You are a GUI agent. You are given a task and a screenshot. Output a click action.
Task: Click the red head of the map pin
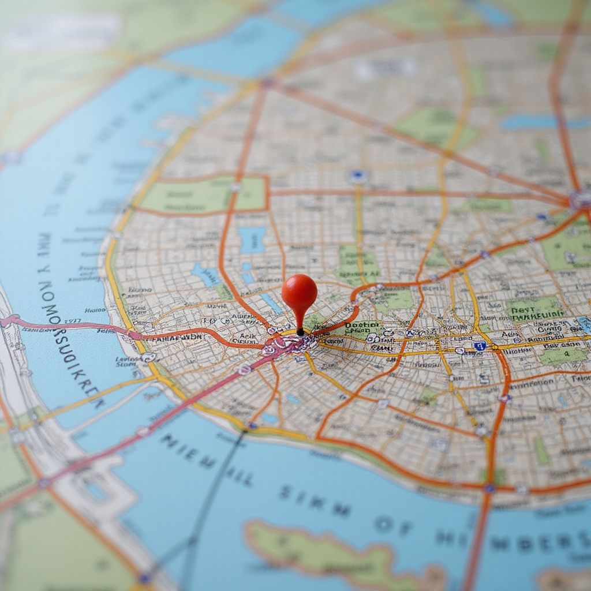point(300,291)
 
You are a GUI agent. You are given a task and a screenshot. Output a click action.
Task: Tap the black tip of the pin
point(300,332)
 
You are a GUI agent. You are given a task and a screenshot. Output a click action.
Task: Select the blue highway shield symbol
point(479,346)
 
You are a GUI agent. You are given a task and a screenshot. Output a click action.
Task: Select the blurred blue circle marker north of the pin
point(358,176)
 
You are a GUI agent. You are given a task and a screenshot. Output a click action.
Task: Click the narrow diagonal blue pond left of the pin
point(270,302)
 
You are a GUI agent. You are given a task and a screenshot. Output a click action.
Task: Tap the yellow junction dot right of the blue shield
point(495,347)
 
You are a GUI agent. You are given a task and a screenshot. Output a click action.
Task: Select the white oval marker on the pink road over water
point(143,431)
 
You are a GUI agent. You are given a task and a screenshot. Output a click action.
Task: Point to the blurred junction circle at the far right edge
point(580,200)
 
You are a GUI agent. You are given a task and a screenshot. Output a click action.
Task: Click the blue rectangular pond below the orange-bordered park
point(252,239)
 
